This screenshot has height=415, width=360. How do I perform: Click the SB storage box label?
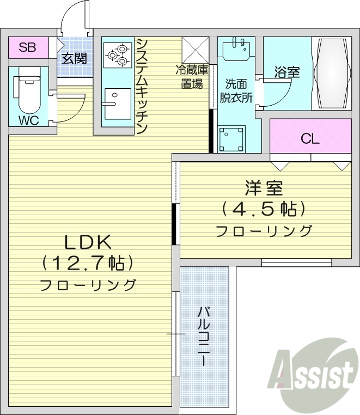pos(27,47)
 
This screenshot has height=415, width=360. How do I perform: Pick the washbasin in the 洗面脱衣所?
pos(236,50)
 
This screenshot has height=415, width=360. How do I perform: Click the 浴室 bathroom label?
pos(287,72)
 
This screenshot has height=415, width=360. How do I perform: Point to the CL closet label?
pos(310,139)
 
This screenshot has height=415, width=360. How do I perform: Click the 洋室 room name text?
pos(263,188)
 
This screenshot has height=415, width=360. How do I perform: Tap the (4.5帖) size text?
pos(263,209)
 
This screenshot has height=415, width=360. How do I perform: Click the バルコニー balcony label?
pos(204,335)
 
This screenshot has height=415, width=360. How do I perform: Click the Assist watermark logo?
pos(312,374)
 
